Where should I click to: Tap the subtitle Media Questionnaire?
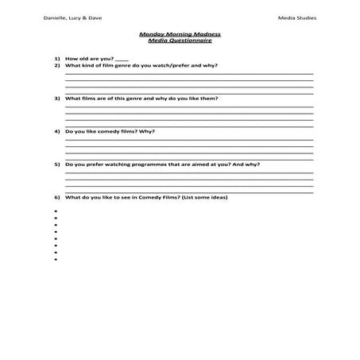click(x=180, y=41)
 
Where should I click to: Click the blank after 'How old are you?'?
click(x=121, y=60)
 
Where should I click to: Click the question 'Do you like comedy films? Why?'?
click(x=110, y=131)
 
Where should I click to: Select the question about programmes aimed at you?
click(x=162, y=164)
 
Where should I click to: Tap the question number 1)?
click(x=57, y=59)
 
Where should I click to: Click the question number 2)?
click(x=57, y=65)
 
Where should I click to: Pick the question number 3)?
click(x=57, y=99)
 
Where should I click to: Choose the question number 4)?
click(x=57, y=131)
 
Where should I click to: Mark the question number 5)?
click(x=57, y=164)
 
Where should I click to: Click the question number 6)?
click(x=57, y=197)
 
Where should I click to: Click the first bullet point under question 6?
click(x=56, y=211)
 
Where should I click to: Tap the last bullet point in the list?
click(x=56, y=260)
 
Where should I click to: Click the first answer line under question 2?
click(x=188, y=73)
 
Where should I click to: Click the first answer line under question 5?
click(x=188, y=172)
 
